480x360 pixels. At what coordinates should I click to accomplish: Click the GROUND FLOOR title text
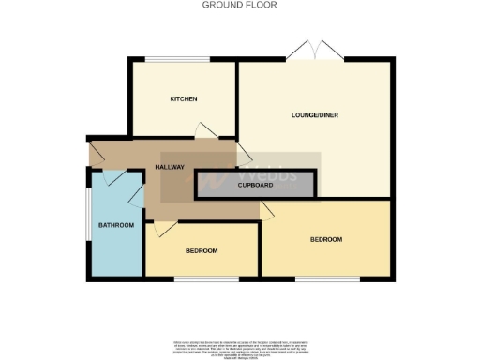click(240, 5)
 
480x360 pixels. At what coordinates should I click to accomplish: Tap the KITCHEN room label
click(182, 99)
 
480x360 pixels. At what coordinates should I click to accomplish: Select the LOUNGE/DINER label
click(315, 114)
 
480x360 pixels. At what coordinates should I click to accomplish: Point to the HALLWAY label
click(169, 168)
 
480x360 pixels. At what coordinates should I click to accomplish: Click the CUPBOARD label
click(255, 186)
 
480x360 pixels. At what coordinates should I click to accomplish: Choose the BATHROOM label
click(116, 226)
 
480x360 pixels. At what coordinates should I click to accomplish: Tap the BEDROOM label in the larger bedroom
click(325, 240)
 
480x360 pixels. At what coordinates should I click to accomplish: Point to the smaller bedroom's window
click(201, 277)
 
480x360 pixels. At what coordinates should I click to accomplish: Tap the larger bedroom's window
click(327, 277)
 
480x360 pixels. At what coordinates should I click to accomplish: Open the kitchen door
click(206, 131)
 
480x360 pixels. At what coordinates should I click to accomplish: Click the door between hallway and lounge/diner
click(243, 153)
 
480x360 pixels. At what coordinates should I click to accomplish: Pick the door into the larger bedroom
click(266, 214)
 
